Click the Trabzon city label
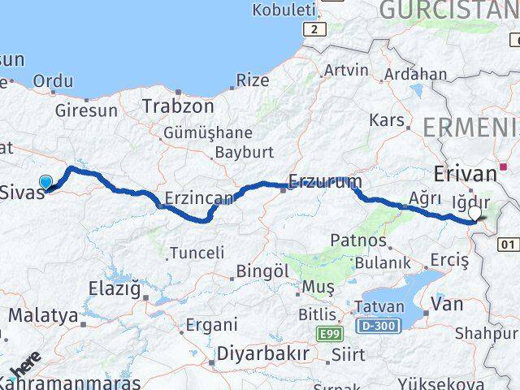coord(178,106)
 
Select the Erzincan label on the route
coord(198,197)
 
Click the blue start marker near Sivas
coord(46,184)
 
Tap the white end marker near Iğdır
coord(475,214)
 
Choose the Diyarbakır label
coord(263,354)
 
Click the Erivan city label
coord(465,173)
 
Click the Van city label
coord(447,305)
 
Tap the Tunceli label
coord(196,253)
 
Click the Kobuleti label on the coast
coord(284,11)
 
